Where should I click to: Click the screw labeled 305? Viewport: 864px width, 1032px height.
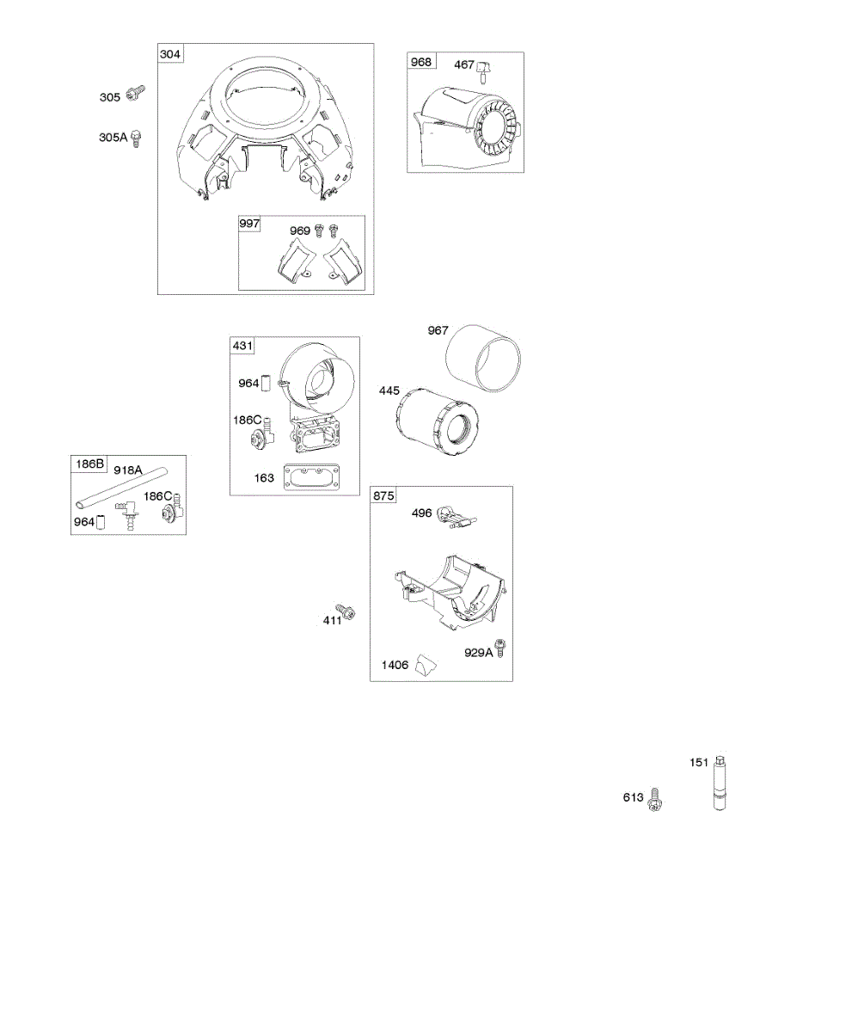pyautogui.click(x=136, y=93)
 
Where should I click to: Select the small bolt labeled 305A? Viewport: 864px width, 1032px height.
pyautogui.click(x=136, y=139)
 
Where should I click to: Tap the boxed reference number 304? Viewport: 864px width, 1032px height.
pyautogui.click(x=170, y=54)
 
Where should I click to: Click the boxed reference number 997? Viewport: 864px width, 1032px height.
pyautogui.click(x=250, y=224)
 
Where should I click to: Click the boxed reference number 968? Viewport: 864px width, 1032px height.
pyautogui.click(x=421, y=62)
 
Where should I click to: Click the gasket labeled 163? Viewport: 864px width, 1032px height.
pyautogui.click(x=307, y=477)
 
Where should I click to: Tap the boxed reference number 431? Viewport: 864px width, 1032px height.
pyautogui.click(x=242, y=346)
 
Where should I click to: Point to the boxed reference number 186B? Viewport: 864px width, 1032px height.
pyautogui.click(x=89, y=465)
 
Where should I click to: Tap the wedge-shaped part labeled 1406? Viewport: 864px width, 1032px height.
pyautogui.click(x=425, y=665)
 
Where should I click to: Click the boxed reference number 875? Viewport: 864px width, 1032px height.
pyautogui.click(x=383, y=495)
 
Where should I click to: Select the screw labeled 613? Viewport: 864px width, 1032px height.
pyautogui.click(x=655, y=799)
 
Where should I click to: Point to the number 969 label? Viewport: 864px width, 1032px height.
pyautogui.click(x=300, y=230)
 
